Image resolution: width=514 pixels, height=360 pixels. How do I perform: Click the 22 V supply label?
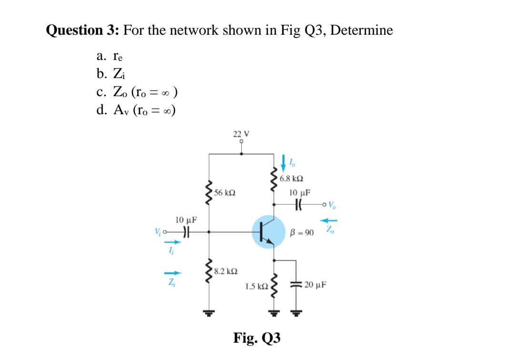coord(241,134)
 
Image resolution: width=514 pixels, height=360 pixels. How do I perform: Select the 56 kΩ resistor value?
coord(224,193)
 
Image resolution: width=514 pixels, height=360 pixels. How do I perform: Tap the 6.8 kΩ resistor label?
coord(292,179)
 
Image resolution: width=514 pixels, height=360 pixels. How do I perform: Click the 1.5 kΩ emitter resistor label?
coord(256,286)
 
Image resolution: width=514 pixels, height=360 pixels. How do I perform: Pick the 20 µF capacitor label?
coord(315,285)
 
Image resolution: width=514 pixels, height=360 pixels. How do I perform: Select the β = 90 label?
coord(302,233)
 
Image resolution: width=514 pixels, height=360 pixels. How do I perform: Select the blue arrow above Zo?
coord(331,220)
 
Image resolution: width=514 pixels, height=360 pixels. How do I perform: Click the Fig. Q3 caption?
coord(257,338)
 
